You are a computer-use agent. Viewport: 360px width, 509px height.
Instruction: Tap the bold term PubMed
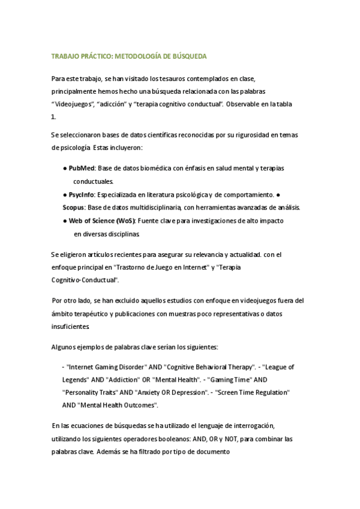click(x=81, y=168)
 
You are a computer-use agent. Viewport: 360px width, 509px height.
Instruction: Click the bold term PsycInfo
click(x=82, y=194)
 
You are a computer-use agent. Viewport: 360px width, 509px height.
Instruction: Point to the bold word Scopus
click(x=73, y=208)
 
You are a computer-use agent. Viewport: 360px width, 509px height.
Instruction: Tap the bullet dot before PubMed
click(x=65, y=168)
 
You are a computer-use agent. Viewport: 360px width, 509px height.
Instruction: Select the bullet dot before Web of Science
click(x=65, y=221)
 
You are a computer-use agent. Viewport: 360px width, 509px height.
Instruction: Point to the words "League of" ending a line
click(x=279, y=366)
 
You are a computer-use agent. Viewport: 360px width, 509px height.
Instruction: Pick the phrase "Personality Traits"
click(x=91, y=393)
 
